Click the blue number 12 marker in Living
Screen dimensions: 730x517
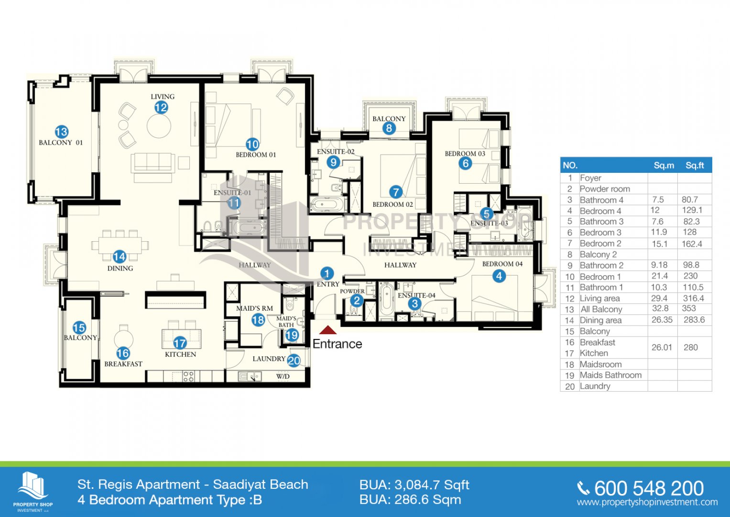click(x=161, y=107)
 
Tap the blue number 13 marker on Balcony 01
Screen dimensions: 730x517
click(x=62, y=132)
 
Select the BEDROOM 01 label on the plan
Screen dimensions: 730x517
click(x=256, y=155)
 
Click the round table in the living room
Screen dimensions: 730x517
click(x=159, y=126)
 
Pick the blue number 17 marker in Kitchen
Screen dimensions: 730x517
click(x=180, y=343)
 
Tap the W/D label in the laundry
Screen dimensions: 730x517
click(x=283, y=376)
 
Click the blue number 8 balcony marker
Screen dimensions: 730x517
click(x=389, y=128)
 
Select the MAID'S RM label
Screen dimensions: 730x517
click(x=254, y=308)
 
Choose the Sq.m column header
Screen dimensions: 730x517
click(x=664, y=166)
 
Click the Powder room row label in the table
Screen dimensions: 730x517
click(x=605, y=189)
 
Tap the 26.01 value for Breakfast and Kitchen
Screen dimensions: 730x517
click(x=662, y=347)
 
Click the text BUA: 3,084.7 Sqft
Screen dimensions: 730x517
click(x=414, y=485)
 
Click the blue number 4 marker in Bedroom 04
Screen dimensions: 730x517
click(x=499, y=276)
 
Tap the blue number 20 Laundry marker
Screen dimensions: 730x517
click(x=294, y=360)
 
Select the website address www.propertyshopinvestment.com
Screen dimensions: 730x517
click(x=647, y=502)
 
